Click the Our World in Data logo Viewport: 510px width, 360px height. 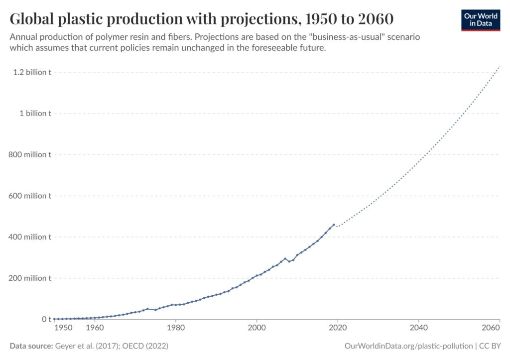(x=480, y=19)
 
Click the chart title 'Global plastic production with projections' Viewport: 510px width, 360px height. (x=202, y=19)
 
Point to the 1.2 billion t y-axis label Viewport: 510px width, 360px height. (x=32, y=72)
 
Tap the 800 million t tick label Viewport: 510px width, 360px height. (x=30, y=155)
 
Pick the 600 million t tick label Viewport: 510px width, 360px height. (x=30, y=196)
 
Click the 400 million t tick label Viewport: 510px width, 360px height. (x=30, y=237)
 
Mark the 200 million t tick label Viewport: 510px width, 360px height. (x=30, y=278)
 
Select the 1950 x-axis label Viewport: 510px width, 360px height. (x=64, y=328)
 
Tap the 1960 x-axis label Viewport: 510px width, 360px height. (x=95, y=328)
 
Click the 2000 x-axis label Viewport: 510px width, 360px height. (x=256, y=328)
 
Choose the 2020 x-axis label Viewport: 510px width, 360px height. (x=338, y=328)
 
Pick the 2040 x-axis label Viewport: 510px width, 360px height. (x=418, y=328)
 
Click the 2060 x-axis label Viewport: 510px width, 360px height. (x=491, y=328)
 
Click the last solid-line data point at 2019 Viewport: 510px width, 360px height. (x=334, y=225)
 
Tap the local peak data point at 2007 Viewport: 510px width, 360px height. (x=285, y=258)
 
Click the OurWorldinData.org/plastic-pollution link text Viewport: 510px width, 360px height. (x=408, y=346)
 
